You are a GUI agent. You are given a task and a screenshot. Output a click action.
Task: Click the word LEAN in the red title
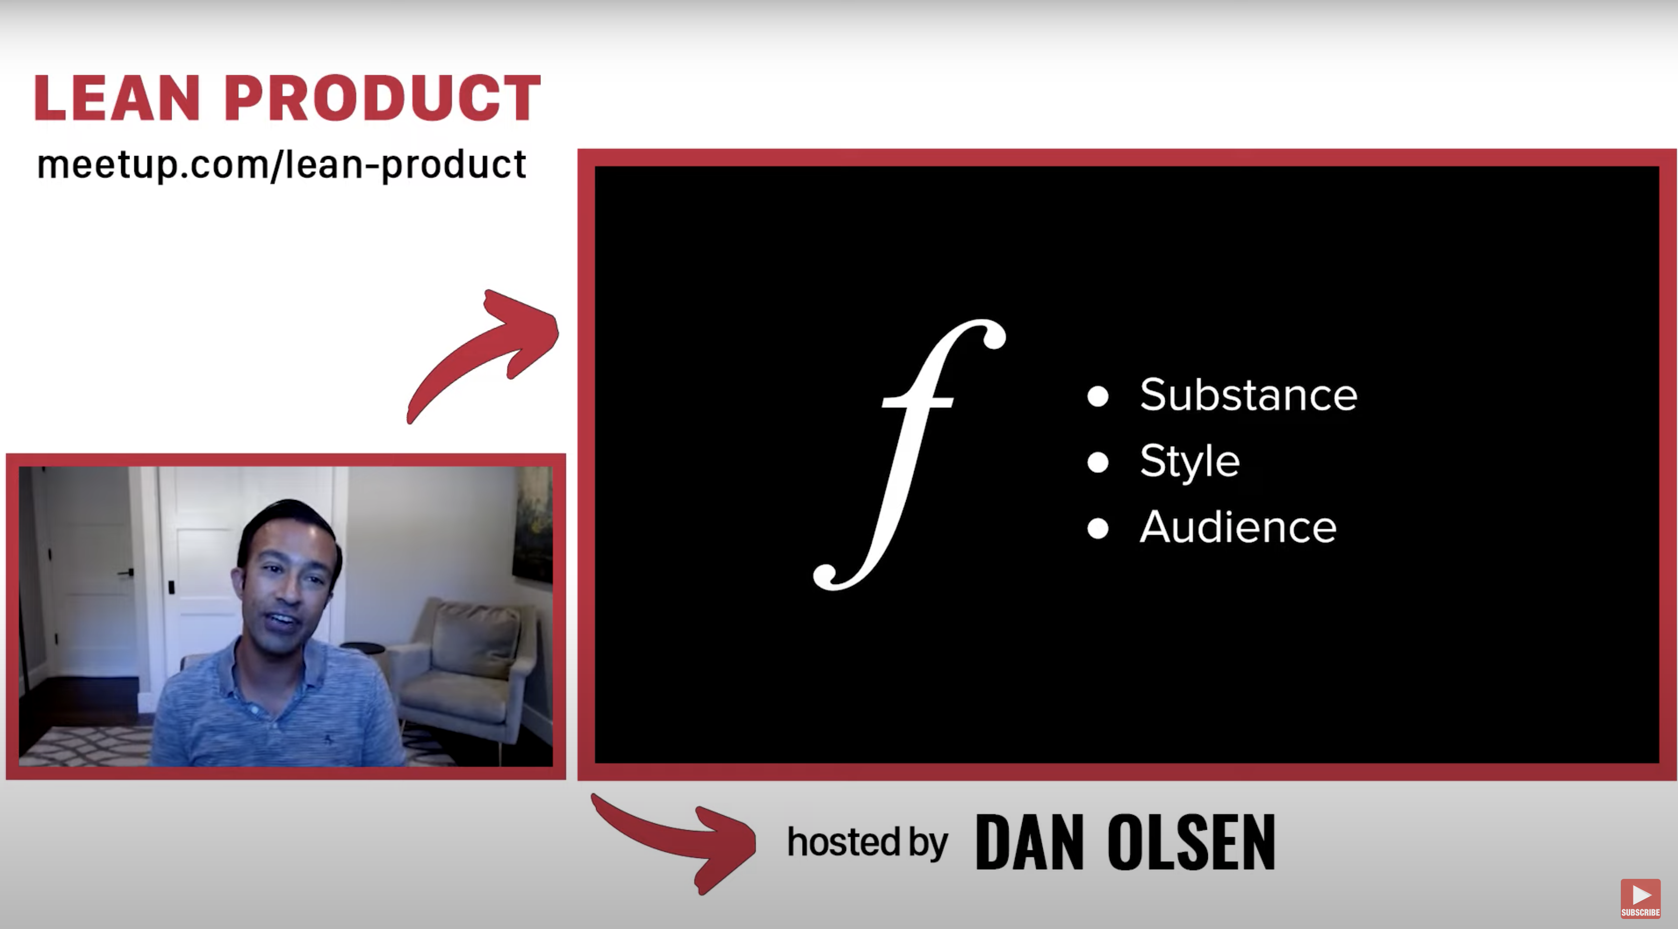pyautogui.click(x=116, y=98)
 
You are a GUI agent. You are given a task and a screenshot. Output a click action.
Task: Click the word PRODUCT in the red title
pyautogui.click(x=382, y=98)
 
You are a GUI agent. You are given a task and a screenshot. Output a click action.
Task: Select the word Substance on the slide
pyautogui.click(x=1248, y=395)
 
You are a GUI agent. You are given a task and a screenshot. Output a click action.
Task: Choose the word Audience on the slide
pyautogui.click(x=1237, y=527)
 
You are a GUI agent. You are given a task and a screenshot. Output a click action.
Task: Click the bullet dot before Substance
pyautogui.click(x=1097, y=396)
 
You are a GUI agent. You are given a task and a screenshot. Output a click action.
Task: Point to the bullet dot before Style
pyautogui.click(x=1097, y=462)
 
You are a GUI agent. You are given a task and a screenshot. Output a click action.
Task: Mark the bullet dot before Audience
pyautogui.click(x=1097, y=528)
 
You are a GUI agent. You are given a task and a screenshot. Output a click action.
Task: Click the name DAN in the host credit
pyautogui.click(x=1030, y=842)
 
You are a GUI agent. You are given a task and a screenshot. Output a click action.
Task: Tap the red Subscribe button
pyautogui.click(x=1640, y=898)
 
